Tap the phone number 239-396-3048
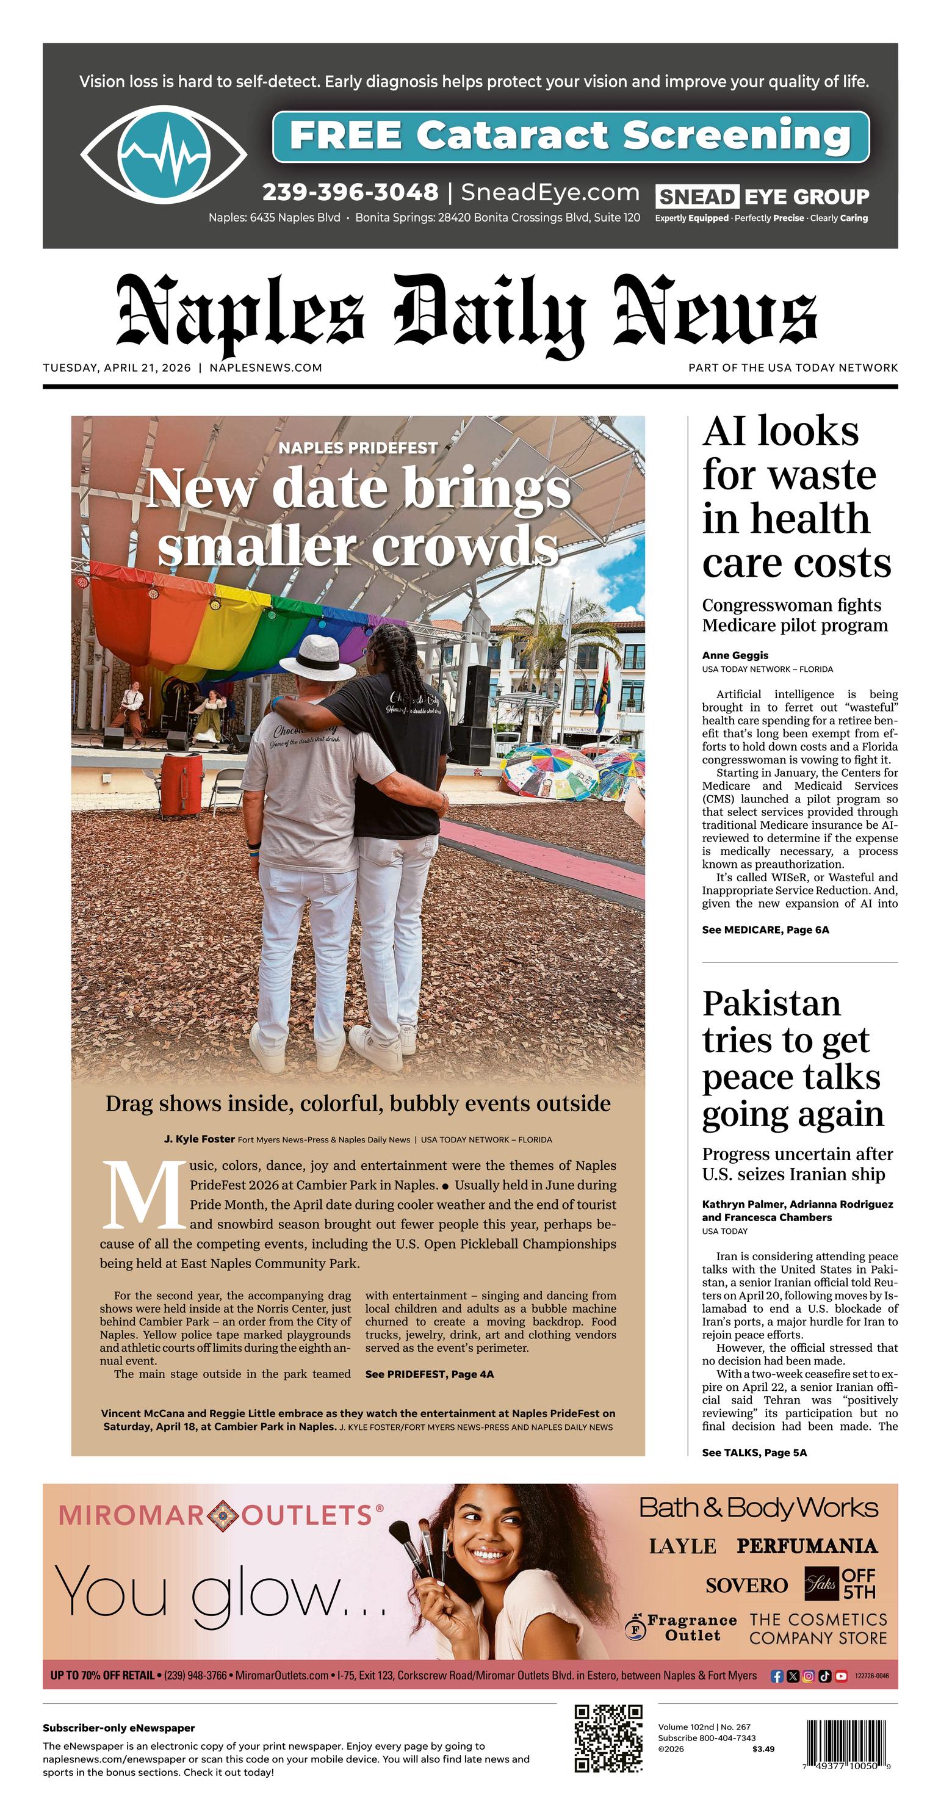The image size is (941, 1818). pos(350,192)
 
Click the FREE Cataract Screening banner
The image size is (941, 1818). pos(571,135)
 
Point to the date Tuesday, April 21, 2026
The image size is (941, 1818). pos(117,368)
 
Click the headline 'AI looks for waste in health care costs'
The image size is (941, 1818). pos(796,497)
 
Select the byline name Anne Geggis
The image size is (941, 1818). pos(735,655)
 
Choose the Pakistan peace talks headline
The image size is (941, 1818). pos(792,1059)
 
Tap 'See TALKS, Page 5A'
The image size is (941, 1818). pos(754,1452)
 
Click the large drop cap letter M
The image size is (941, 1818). pos(141,1196)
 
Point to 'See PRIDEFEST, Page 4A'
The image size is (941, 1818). pos(429,1374)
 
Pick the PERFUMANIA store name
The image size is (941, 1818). pos(806,1546)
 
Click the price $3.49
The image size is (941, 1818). pos(763,1749)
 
